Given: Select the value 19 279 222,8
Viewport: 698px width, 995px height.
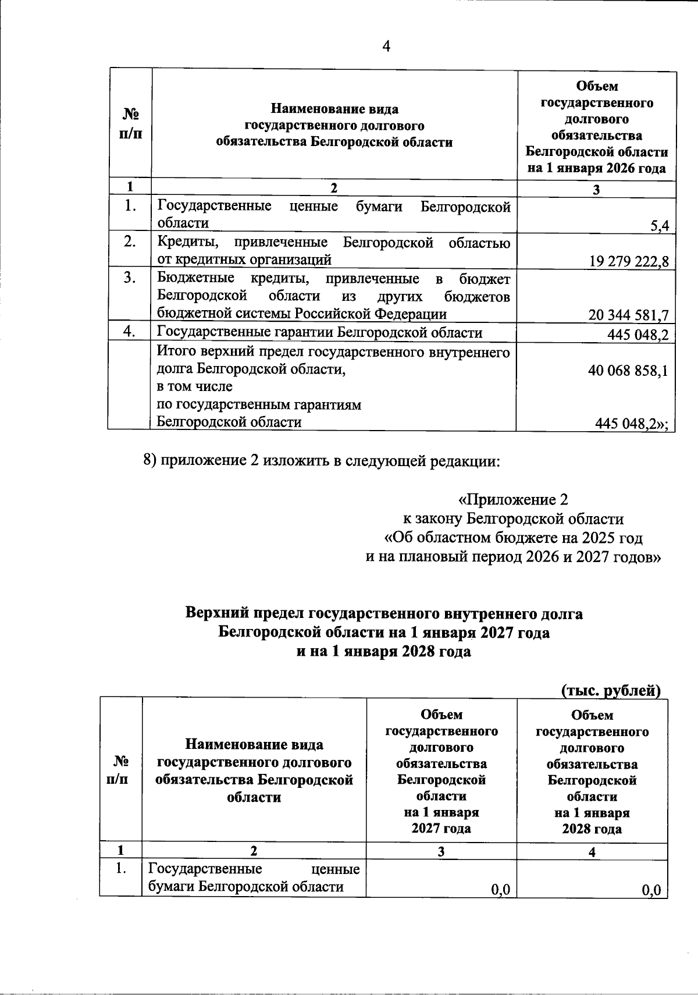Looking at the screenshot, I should coord(629,261).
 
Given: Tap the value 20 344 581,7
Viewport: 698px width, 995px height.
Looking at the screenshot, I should coord(628,315).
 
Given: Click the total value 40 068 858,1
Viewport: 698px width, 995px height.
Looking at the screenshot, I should coord(628,371).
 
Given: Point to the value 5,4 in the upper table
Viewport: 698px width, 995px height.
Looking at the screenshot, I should coord(660,227).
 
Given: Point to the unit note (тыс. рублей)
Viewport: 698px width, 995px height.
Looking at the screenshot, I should coord(611,690).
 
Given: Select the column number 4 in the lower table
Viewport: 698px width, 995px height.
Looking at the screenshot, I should coord(592,852).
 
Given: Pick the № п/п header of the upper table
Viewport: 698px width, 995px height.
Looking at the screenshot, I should coord(130,124).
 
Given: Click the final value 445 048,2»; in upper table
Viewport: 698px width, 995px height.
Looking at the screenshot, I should coord(631,424).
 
